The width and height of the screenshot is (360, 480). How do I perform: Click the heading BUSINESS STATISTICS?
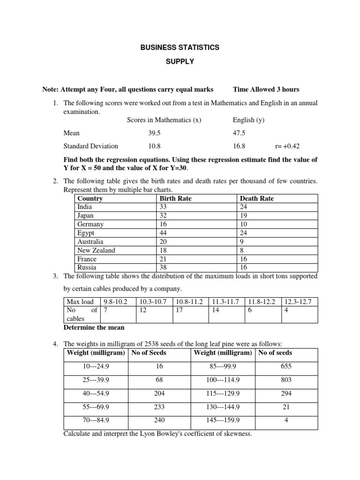[180, 48]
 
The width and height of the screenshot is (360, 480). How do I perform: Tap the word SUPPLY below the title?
[180, 61]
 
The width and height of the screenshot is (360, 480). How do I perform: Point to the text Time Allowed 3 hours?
[266, 90]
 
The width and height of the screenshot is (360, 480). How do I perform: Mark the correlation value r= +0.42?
[288, 146]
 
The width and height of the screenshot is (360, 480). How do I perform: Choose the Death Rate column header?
[256, 198]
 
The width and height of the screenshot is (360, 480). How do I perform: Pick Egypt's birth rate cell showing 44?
[164, 233]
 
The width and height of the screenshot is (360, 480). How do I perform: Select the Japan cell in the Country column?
[85, 216]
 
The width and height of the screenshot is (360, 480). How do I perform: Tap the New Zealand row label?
[96, 250]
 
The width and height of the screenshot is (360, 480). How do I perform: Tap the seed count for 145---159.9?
[286, 420]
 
